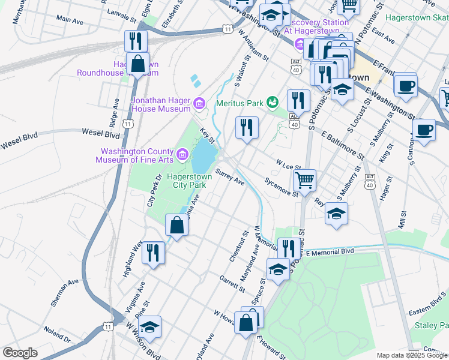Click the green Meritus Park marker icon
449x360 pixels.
pyautogui.click(x=273, y=103)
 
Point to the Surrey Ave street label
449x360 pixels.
pyautogui.click(x=230, y=178)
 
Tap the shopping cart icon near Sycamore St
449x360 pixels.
pyautogui.click(x=305, y=179)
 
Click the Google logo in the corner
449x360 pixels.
pyautogui.click(x=20, y=353)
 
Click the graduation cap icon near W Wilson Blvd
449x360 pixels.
pyautogui.click(x=149, y=327)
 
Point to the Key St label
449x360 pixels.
pyautogui.click(x=207, y=135)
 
